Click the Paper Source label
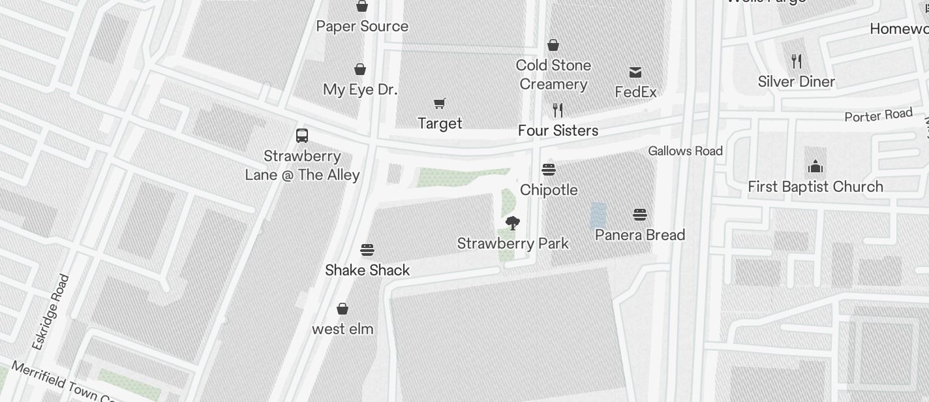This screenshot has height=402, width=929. point(362,27)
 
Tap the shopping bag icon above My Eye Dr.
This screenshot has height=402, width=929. point(359,69)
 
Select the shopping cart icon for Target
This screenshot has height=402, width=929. point(440,103)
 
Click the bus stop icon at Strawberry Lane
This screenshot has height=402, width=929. point(301,136)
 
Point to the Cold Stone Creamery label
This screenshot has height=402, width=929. point(553,74)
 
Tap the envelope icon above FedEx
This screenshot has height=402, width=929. point(635,72)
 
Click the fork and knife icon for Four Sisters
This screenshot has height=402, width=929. point(557,110)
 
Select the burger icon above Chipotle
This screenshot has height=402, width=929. point(548,170)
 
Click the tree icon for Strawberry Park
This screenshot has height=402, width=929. point(513,223)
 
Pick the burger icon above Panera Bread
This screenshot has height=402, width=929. point(639,215)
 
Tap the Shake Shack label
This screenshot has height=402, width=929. point(367,270)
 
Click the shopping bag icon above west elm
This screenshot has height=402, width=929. point(343,309)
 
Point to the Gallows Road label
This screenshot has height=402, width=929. point(685,151)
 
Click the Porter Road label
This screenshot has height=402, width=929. point(878,116)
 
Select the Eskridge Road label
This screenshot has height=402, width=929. point(51,312)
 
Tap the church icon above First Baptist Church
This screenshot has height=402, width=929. point(815,167)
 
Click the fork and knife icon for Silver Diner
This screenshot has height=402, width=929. point(796,61)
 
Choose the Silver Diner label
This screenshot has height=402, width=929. point(796,82)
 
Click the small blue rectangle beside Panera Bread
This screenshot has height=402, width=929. point(598,215)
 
